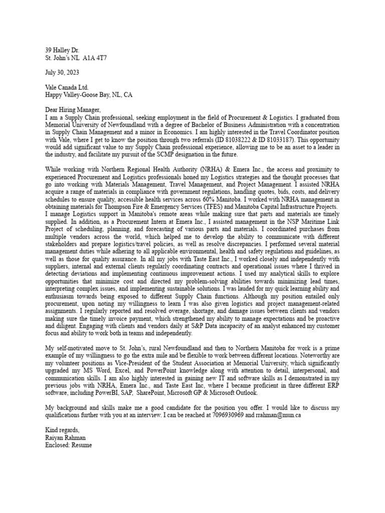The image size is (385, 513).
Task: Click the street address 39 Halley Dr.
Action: [63, 51]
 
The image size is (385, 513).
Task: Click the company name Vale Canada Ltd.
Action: [67, 87]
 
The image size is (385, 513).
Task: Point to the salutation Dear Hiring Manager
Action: [73, 109]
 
